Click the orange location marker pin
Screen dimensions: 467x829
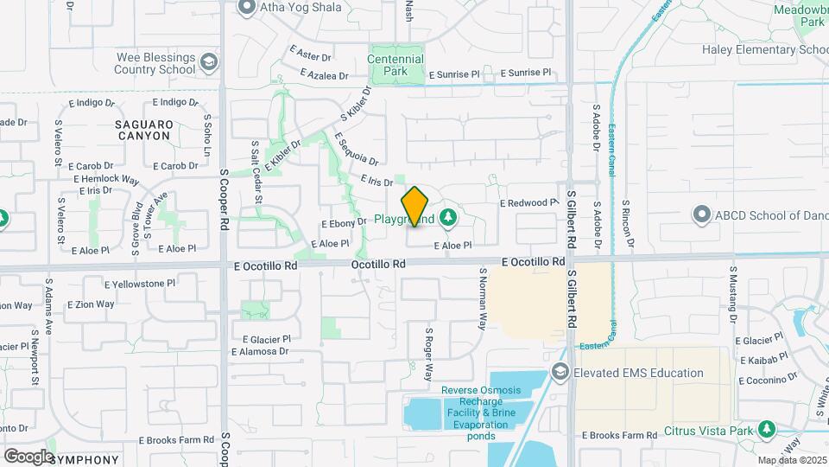point(414,206)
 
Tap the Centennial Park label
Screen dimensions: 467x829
point(396,65)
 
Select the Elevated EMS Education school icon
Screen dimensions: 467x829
point(559,373)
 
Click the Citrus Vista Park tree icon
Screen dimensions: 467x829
point(766,430)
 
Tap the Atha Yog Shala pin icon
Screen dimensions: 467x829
point(247,8)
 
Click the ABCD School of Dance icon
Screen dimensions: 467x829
point(702,214)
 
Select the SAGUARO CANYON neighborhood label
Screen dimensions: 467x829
point(144,131)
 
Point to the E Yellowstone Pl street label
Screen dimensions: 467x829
point(140,282)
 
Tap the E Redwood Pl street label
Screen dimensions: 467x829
point(529,202)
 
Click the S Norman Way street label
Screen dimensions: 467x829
point(482,298)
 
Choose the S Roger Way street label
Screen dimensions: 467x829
point(427,354)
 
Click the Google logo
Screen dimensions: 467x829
point(28,456)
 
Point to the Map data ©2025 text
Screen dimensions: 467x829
point(791,460)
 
